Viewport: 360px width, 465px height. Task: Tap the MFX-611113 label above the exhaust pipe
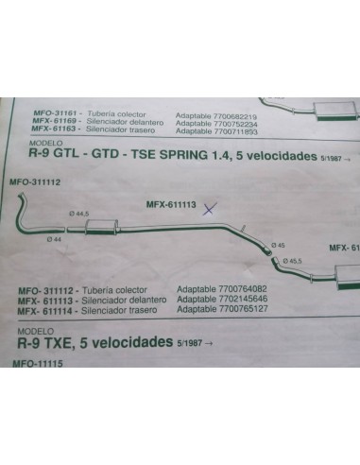[x=170, y=203]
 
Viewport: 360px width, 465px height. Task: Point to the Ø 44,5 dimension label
[x=79, y=215]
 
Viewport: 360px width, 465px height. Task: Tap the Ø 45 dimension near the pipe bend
[x=280, y=245]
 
